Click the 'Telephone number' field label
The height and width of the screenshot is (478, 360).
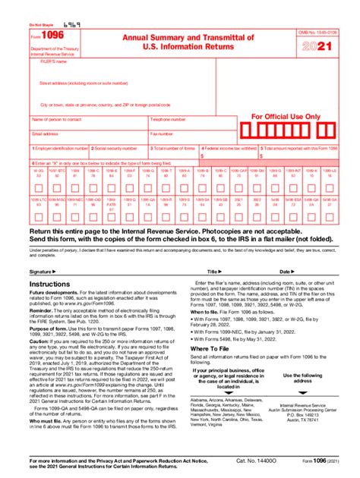168,120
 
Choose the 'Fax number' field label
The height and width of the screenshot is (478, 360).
162,134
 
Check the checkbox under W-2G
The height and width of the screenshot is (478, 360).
38,188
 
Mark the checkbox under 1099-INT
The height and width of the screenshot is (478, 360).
299,188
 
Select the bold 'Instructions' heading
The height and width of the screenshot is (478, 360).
50,284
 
